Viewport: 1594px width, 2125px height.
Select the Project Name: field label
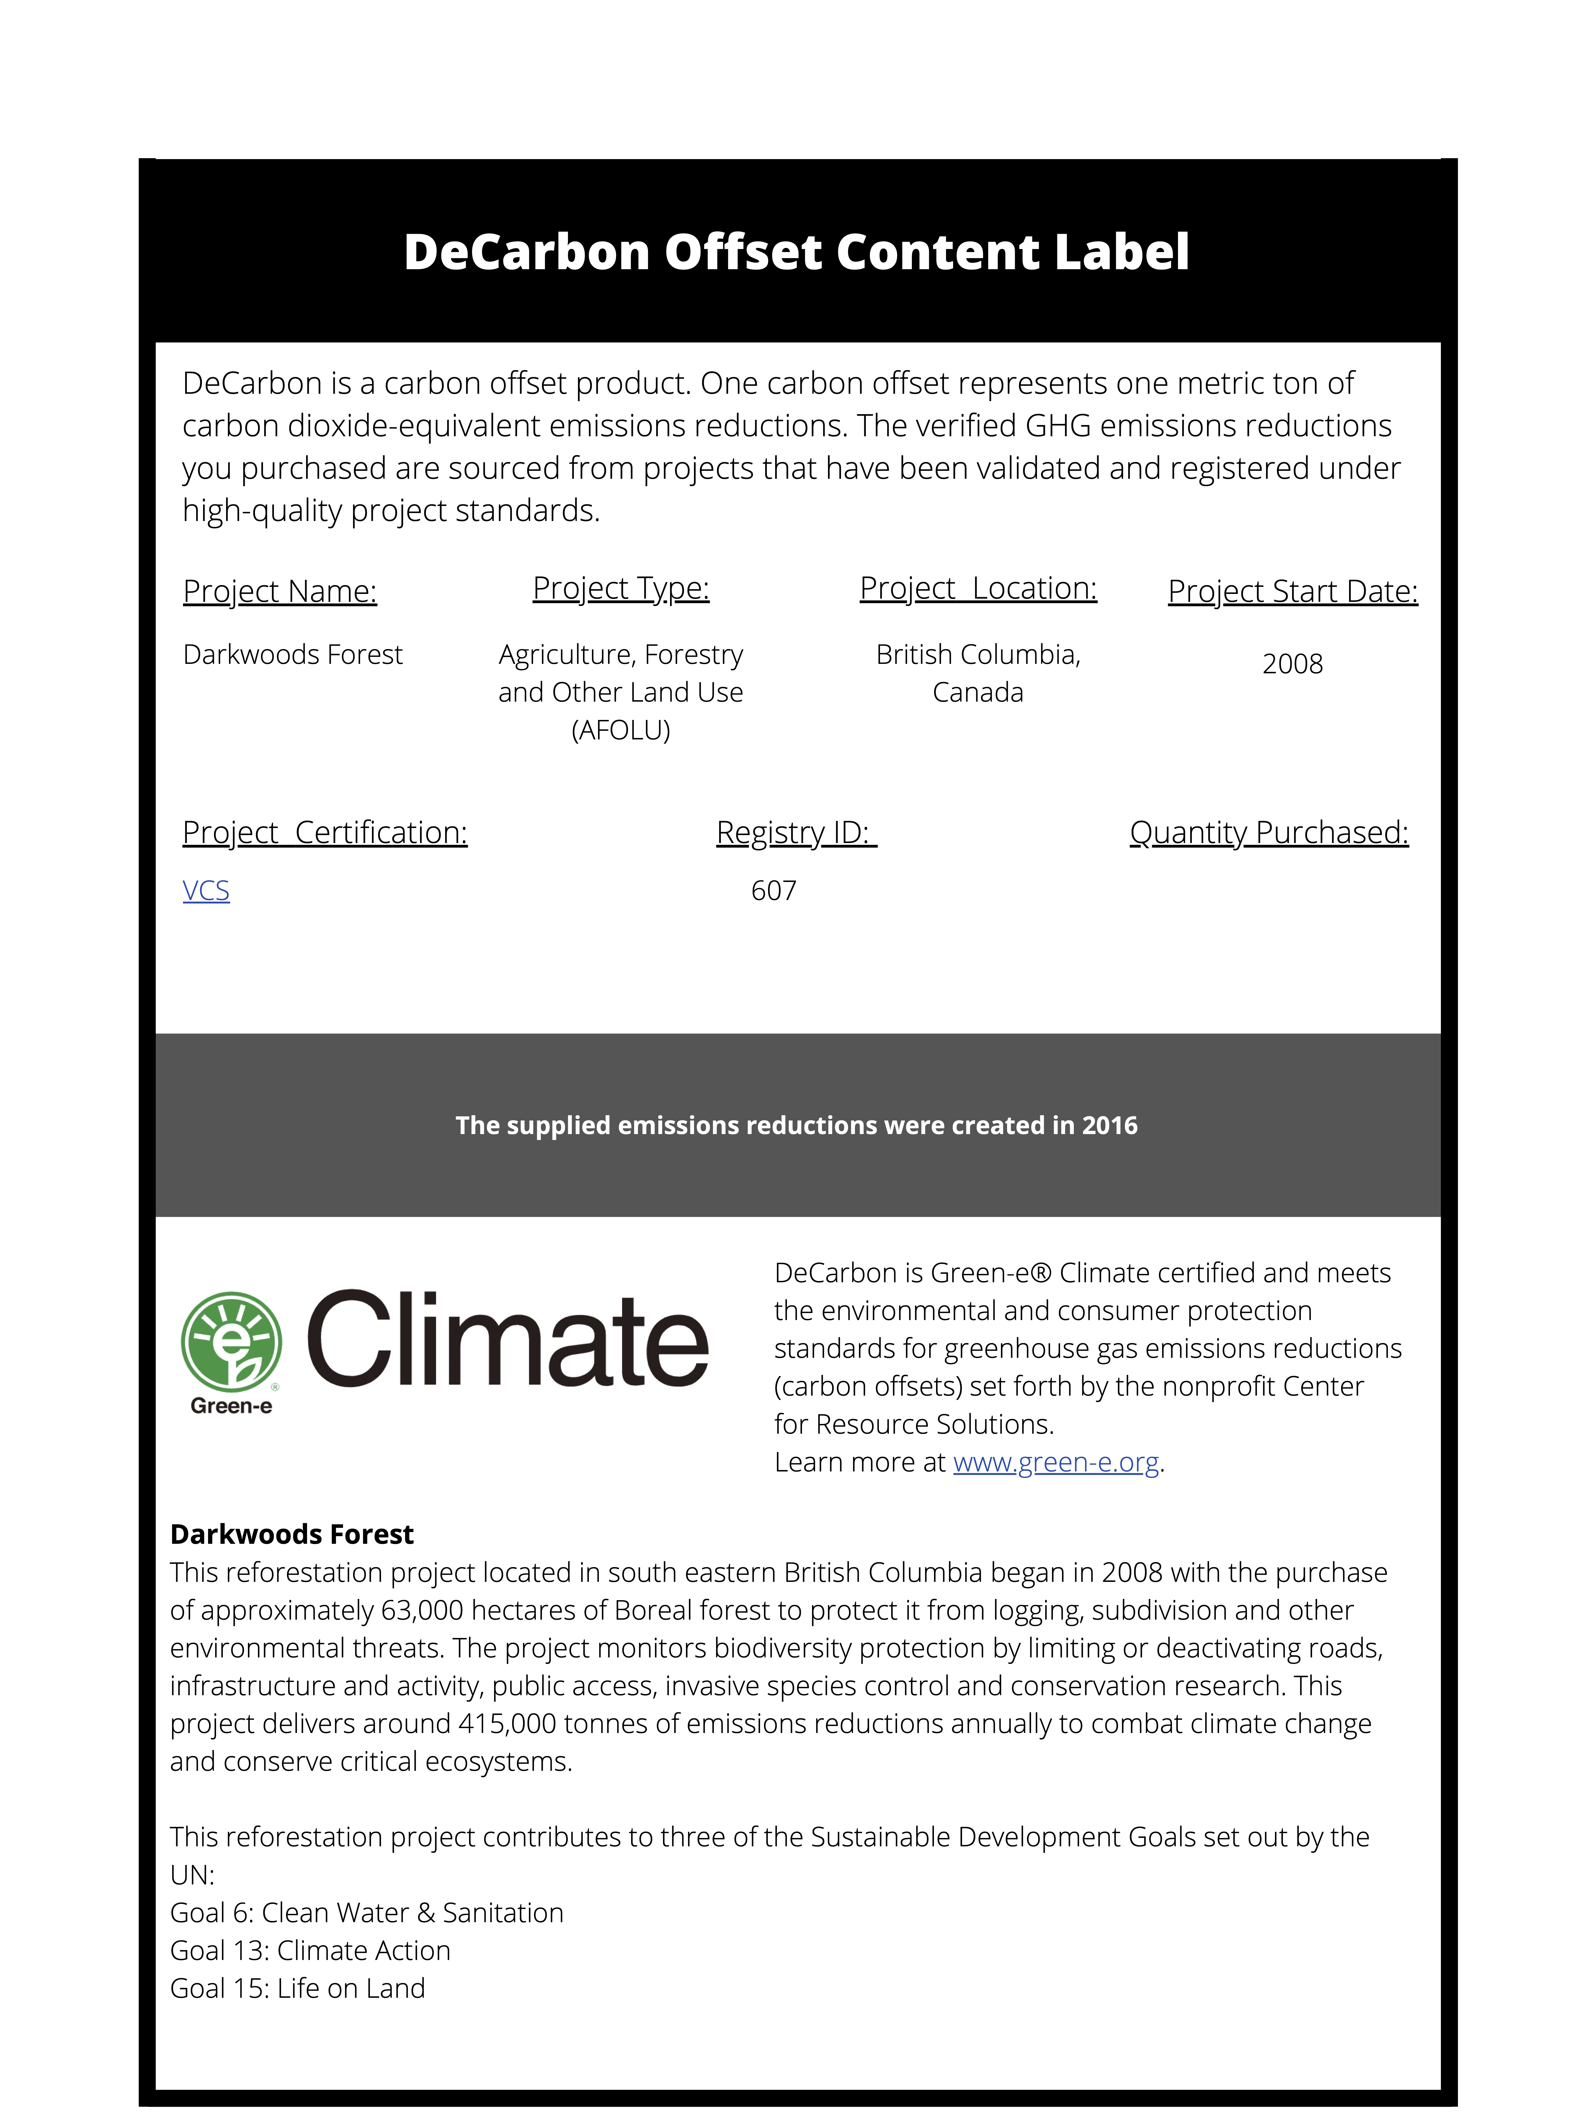tap(280, 591)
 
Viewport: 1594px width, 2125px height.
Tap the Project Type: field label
tap(621, 588)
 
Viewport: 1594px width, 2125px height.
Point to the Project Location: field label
tap(978, 588)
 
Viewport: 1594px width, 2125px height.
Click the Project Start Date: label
tap(1292, 591)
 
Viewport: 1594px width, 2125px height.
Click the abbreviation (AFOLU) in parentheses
tap(621, 730)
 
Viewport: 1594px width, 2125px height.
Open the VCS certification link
tap(206, 891)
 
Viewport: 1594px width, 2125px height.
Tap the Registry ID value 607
tap(773, 891)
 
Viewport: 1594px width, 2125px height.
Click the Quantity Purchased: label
tap(1268, 832)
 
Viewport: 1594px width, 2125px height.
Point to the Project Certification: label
tap(325, 832)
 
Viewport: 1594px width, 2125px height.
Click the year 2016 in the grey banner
tap(1110, 1125)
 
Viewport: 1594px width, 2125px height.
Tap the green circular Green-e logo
tap(231, 1341)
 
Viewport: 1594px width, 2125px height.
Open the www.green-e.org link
tap(1056, 1462)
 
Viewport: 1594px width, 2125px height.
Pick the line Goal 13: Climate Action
tap(310, 1950)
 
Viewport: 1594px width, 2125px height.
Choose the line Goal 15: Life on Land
tap(298, 1988)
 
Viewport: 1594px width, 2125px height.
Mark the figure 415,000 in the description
tap(507, 1724)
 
